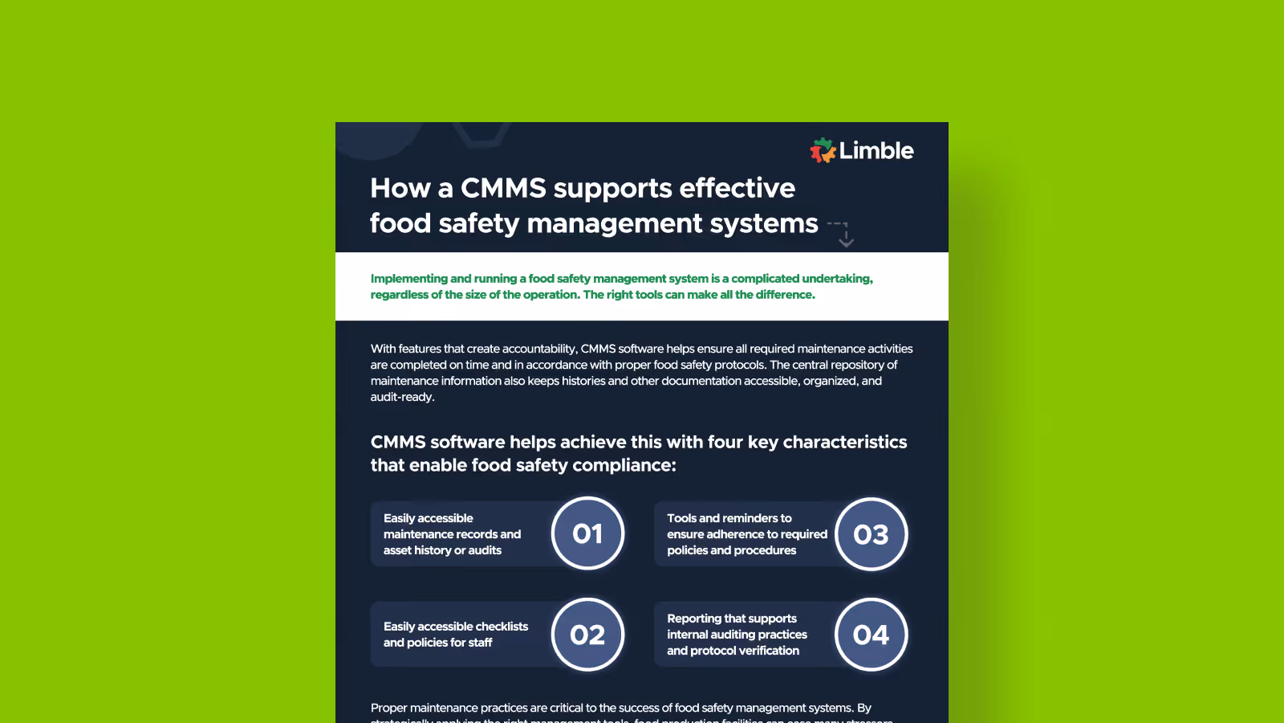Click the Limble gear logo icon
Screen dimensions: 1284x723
823,150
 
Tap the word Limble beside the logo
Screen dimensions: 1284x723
876,151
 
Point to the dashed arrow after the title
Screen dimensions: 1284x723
841,233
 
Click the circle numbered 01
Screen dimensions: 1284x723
587,534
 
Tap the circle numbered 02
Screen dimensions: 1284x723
587,635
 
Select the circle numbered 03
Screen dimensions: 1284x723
871,534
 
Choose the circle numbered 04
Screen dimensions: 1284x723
871,635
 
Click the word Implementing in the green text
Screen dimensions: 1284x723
408,279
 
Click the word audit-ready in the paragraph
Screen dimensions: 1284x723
402,397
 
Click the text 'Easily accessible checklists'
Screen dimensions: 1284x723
456,627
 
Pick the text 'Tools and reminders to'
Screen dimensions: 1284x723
729,518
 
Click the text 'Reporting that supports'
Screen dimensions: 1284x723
732,619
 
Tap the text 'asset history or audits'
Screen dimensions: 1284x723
442,550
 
